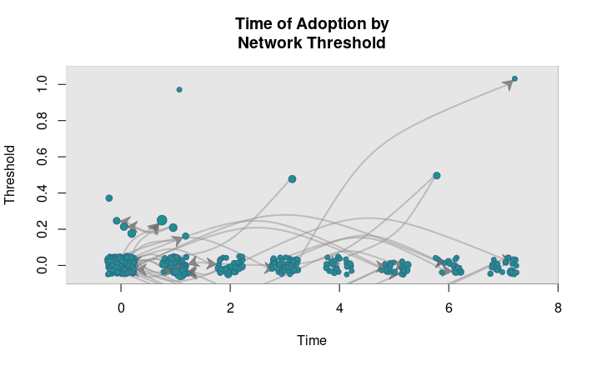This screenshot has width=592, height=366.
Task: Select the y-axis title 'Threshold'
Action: pos(11,174)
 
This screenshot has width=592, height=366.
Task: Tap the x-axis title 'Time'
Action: pos(312,340)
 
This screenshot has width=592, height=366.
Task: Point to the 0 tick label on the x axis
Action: pos(121,308)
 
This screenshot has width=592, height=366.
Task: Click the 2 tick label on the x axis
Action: pos(230,308)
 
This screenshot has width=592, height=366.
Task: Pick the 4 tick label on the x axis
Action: pos(339,308)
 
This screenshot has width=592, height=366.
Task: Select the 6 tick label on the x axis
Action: pos(449,308)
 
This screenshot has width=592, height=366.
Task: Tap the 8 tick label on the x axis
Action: pos(558,308)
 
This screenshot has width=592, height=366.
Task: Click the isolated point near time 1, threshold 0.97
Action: pos(179,89)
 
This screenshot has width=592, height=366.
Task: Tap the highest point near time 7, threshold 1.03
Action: pos(514,78)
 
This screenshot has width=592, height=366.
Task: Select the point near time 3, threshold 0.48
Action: pos(292,179)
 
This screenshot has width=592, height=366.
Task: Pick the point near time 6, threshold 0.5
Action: pos(436,176)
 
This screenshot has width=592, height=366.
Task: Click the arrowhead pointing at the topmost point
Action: pos(508,84)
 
